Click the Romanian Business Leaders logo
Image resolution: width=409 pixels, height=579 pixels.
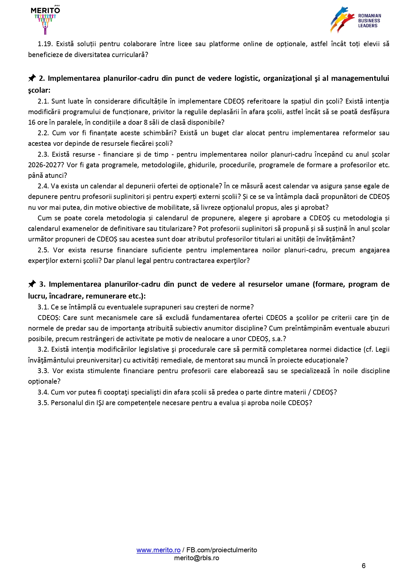(x=356, y=20)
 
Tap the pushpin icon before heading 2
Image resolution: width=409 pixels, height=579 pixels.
(x=32, y=78)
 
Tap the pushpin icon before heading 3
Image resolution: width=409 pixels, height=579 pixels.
(x=32, y=284)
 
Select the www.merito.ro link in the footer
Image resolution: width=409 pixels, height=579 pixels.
(x=158, y=550)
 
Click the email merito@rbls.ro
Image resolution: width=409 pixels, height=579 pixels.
(x=197, y=558)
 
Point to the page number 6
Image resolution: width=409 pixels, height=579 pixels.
(x=363, y=566)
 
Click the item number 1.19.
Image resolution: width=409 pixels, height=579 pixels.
(x=45, y=44)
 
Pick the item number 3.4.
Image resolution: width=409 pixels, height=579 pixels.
(x=43, y=392)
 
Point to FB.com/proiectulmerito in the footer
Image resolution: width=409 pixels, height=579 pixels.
(x=222, y=550)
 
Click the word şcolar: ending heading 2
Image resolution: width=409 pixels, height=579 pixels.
(x=39, y=90)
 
